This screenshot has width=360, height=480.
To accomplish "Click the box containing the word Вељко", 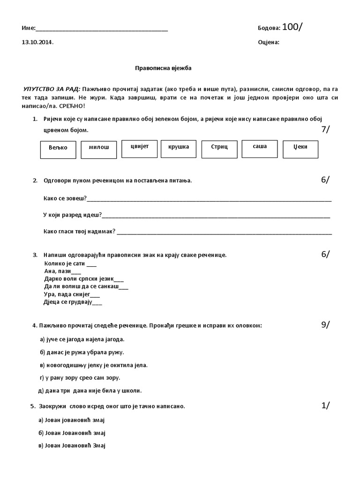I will pyautogui.click(x=58, y=148).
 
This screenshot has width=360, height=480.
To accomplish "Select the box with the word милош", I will pyautogui.click(x=98, y=148).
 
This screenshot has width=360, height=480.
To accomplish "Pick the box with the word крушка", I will pyautogui.click(x=179, y=147).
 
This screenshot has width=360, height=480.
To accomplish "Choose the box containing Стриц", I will pyautogui.click(x=218, y=148).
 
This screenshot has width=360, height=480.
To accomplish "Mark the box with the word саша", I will pyautogui.click(x=259, y=147).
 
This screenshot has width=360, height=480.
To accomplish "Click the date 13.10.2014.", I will pyautogui.click(x=37, y=42).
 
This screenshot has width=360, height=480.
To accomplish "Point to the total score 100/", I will pyautogui.click(x=292, y=27).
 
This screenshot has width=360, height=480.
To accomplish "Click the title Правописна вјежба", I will pyautogui.click(x=163, y=68).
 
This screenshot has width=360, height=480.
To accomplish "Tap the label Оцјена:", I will pyautogui.click(x=269, y=42).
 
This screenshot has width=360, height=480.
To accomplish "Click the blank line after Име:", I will pyautogui.click(x=102, y=29).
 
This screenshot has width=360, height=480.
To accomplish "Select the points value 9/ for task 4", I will pyautogui.click(x=326, y=324).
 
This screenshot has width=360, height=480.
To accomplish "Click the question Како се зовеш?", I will pyautogui.click(x=65, y=199).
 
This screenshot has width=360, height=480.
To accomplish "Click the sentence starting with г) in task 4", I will pyautogui.click(x=80, y=377).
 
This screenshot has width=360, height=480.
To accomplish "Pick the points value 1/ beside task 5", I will pyautogui.click(x=326, y=406).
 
